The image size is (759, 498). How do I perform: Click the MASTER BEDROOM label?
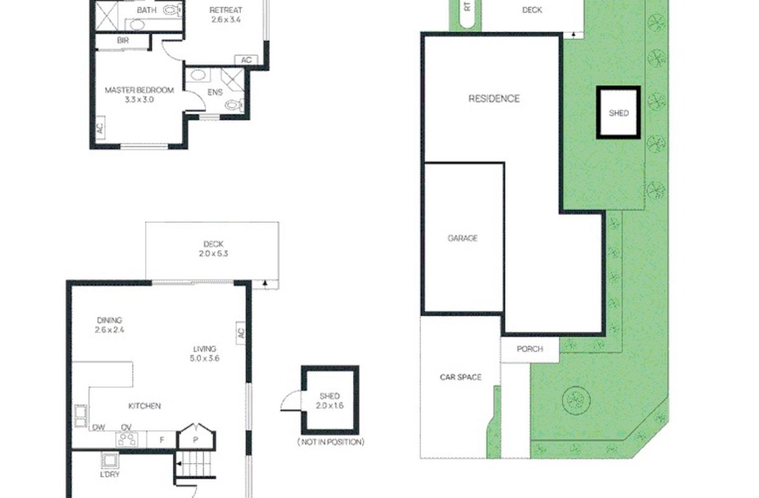[x=139, y=90]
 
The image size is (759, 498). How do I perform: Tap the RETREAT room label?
[x=225, y=10]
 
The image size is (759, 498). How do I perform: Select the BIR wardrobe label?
[x=123, y=40]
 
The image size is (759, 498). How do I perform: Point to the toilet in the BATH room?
[x=172, y=11]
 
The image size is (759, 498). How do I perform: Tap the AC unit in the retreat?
[x=247, y=60]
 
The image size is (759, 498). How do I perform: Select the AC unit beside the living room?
[x=240, y=333]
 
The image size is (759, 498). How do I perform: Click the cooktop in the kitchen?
[x=127, y=439]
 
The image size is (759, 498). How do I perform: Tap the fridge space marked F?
[x=162, y=440]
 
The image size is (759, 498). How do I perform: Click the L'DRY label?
[x=110, y=474]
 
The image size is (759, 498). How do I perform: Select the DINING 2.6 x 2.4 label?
[x=110, y=325]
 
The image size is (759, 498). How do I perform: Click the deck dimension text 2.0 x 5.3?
[x=214, y=253]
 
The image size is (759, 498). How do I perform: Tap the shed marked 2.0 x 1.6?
[x=330, y=400]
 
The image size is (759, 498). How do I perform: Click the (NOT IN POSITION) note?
[x=331, y=442]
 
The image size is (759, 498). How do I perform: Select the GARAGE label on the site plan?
[x=463, y=238]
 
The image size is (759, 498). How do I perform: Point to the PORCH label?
[x=530, y=349]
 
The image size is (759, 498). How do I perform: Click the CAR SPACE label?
[x=461, y=377]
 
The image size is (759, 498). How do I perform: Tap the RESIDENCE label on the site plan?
[x=494, y=98]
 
